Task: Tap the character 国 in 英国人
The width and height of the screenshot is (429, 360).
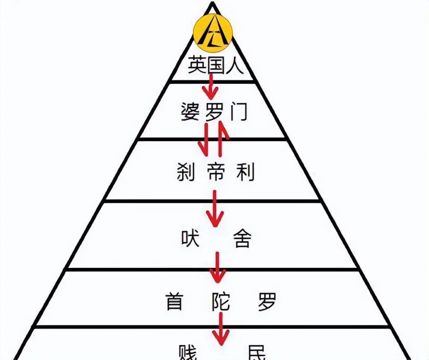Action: (215, 65)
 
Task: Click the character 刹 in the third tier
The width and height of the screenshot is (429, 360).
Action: (186, 172)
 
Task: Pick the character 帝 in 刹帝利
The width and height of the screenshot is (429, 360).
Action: (215, 172)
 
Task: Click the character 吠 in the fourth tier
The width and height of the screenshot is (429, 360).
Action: (190, 239)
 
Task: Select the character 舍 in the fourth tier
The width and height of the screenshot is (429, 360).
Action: (242, 239)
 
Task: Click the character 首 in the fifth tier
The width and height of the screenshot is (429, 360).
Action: (174, 302)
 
